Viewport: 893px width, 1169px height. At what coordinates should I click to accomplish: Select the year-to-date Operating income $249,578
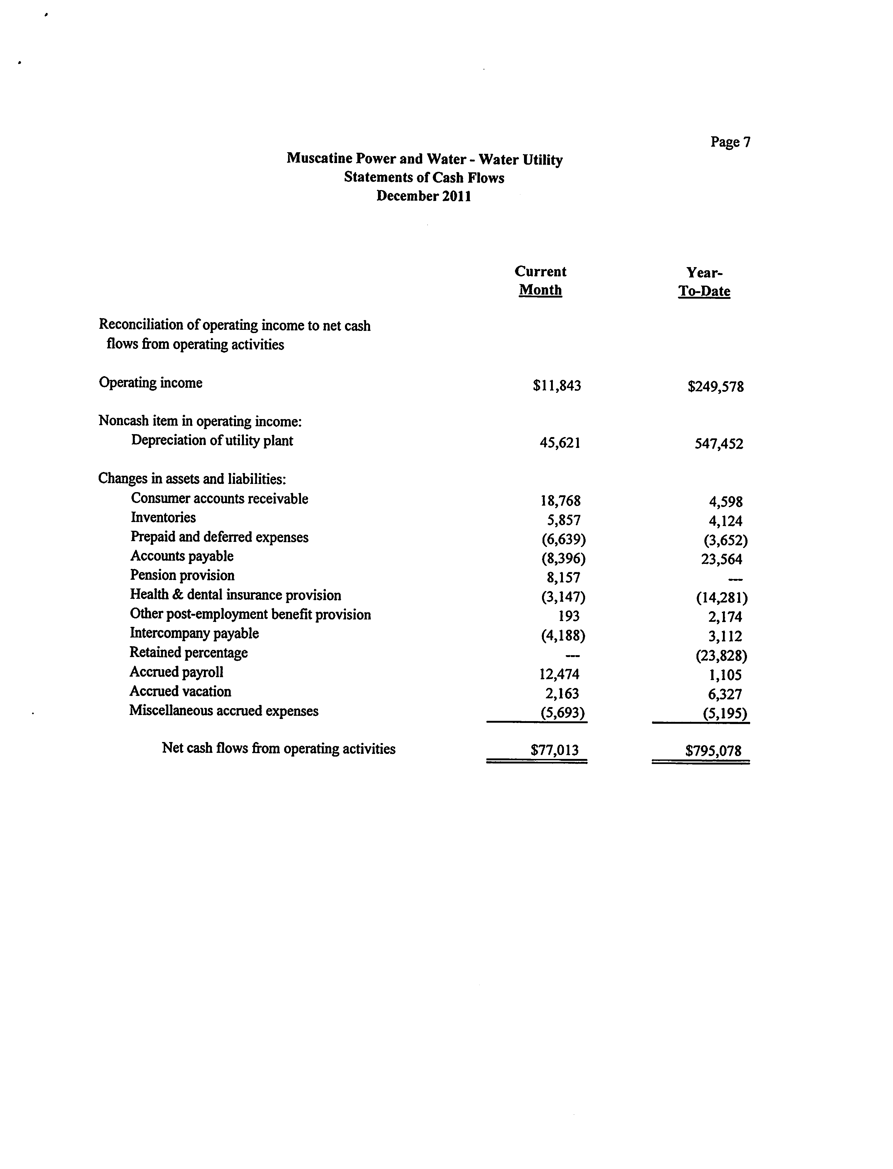click(716, 387)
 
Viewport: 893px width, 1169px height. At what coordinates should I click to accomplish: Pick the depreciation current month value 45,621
click(560, 443)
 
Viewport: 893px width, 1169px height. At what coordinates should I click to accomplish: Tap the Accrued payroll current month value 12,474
click(559, 675)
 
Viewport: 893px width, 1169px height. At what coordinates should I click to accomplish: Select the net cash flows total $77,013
click(554, 750)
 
